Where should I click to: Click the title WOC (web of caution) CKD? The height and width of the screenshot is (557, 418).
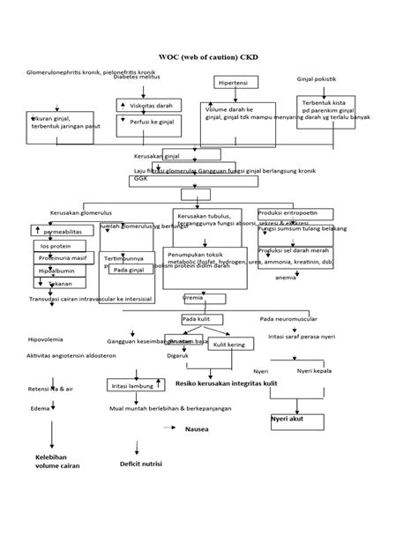click(208, 57)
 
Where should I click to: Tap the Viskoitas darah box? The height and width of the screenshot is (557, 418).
click(150, 105)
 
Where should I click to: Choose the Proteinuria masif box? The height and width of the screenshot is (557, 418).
click(61, 258)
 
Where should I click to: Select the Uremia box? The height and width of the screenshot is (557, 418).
click(192, 298)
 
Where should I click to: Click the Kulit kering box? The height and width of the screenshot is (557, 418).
click(230, 345)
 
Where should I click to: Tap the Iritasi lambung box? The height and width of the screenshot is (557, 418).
click(131, 386)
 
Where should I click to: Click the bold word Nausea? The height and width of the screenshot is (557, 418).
click(197, 429)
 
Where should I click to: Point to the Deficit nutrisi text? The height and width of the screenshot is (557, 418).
click(141, 463)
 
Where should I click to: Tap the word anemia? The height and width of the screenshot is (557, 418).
click(285, 278)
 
